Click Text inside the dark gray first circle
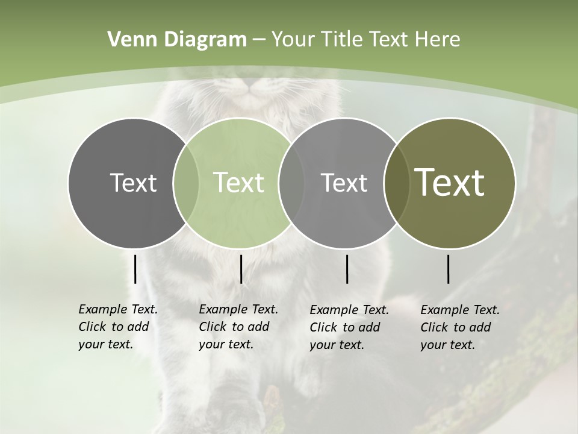point(133,183)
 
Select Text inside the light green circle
point(239,183)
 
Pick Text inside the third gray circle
point(344,183)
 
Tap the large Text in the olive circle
point(450,183)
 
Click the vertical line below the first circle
point(135,269)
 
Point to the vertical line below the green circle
point(241,269)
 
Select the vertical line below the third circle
point(347,269)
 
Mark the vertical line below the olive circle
point(449,269)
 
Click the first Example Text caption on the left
point(117,327)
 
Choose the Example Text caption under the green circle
point(238,327)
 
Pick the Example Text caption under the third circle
point(349,327)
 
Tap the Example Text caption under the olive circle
point(459,327)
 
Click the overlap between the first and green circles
point(186,183)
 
